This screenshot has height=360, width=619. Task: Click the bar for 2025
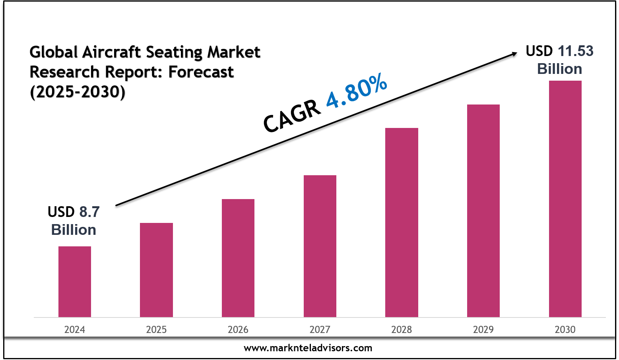click(x=156, y=270)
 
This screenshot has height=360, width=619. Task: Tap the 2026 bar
click(x=238, y=258)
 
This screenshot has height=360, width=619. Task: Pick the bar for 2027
click(x=320, y=246)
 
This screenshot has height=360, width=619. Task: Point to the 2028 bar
click(x=402, y=223)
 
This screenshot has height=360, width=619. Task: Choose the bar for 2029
click(x=483, y=211)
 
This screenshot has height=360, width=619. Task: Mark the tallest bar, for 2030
click(x=565, y=199)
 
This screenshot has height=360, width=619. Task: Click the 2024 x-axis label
click(x=75, y=330)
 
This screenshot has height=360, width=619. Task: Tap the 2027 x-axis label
click(x=320, y=330)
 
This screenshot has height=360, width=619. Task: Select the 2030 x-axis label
click(x=565, y=330)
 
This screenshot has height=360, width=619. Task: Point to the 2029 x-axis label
click(x=483, y=330)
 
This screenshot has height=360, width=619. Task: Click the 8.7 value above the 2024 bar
click(x=89, y=212)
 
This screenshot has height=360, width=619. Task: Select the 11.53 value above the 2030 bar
click(x=575, y=51)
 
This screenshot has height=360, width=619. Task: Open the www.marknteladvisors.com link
click(x=308, y=348)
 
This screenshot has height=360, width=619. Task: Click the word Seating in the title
click(x=174, y=52)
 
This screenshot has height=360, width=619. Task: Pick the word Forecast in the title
click(x=201, y=72)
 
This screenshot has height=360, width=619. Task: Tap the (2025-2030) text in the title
click(x=78, y=92)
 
